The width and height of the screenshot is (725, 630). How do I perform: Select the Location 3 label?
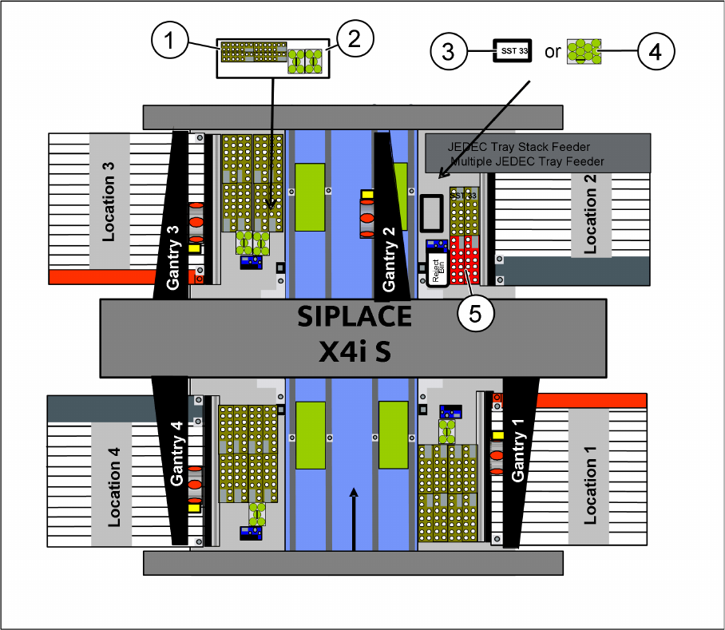point(109,200)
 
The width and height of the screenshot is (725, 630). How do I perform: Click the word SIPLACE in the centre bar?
point(354,317)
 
